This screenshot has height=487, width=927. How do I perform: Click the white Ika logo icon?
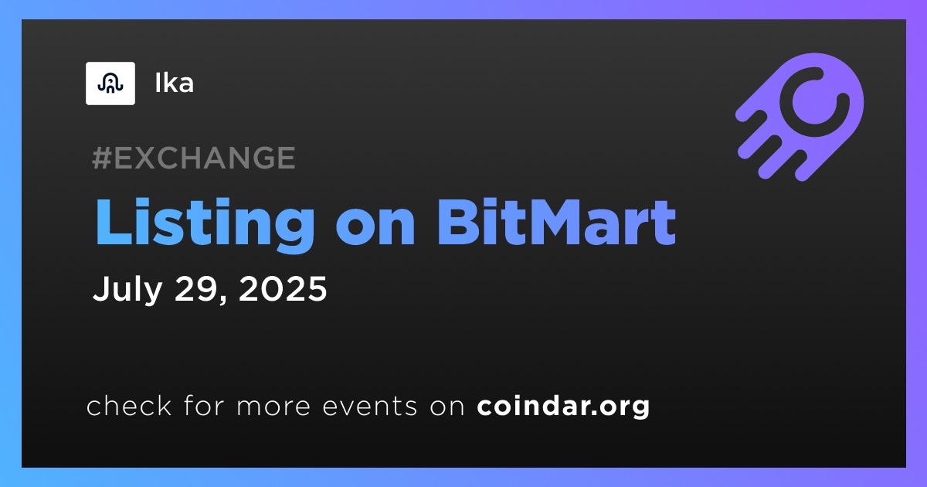coord(110,83)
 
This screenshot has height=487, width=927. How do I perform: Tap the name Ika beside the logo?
coord(175,83)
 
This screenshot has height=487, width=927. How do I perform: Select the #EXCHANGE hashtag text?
coord(194,158)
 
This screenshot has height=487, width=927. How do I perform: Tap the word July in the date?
coord(127,289)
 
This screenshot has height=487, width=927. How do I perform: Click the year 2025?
coord(283,288)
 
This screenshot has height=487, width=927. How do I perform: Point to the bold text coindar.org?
coord(563,407)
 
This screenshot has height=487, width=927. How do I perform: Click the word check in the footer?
coord(129,405)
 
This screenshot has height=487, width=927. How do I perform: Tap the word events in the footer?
coord(370,406)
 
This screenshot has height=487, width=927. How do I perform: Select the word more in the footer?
coord(273,407)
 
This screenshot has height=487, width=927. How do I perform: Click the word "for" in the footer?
coord(204,405)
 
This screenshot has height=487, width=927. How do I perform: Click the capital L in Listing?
coord(114,223)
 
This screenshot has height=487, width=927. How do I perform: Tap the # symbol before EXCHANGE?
coord(102,158)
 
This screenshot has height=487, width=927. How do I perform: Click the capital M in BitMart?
coord(548,223)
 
